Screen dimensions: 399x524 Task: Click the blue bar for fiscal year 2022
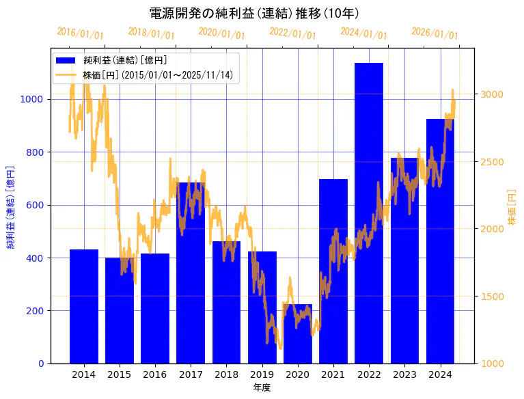pyautogui.click(x=369, y=212)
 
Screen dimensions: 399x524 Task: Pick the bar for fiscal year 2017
pyautogui.click(x=191, y=273)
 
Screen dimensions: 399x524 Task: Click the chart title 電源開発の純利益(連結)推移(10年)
pyautogui.click(x=255, y=14)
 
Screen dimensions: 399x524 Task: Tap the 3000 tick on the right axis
pyautogui.click(x=493, y=94)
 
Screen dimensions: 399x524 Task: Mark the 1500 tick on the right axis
pyautogui.click(x=493, y=297)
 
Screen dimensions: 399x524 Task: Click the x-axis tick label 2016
pyautogui.click(x=155, y=374)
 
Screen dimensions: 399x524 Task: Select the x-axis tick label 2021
pyautogui.click(x=333, y=374)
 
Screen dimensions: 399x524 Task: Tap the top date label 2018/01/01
pyautogui.click(x=151, y=33)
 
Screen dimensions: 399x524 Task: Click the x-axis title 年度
pyautogui.click(x=262, y=387)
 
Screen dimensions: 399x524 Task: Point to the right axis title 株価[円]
pyautogui.click(x=512, y=208)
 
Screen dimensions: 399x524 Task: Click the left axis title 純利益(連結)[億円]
pyautogui.click(x=10, y=207)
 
